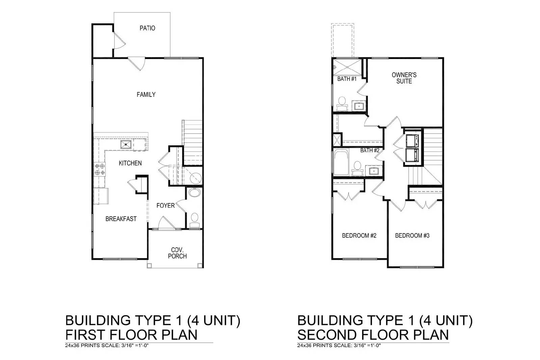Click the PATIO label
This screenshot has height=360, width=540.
pyautogui.click(x=147, y=28)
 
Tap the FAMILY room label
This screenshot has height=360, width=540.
pyautogui.click(x=146, y=94)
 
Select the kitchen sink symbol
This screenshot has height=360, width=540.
pyautogui.click(x=126, y=145)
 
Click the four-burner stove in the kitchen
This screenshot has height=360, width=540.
pyautogui.click(x=100, y=169)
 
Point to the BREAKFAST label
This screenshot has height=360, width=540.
pyautogui.click(x=121, y=219)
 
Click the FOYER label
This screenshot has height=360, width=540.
pyautogui.click(x=165, y=205)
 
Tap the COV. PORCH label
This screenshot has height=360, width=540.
pyautogui.click(x=177, y=253)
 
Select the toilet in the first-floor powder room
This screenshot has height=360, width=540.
pyautogui.click(x=194, y=219)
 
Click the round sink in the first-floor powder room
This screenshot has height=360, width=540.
pyautogui.click(x=194, y=193)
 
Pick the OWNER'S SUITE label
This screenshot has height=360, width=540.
pyautogui.click(x=404, y=78)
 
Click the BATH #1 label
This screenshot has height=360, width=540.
pyautogui.click(x=347, y=79)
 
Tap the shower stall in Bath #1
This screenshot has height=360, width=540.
pyautogui.click(x=347, y=66)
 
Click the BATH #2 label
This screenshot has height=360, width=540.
pyautogui.click(x=370, y=150)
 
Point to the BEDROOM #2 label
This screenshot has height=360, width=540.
pyautogui.click(x=359, y=236)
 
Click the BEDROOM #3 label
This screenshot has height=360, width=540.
pyautogui.click(x=412, y=236)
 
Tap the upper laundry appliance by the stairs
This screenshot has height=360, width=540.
pyautogui.click(x=412, y=140)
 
